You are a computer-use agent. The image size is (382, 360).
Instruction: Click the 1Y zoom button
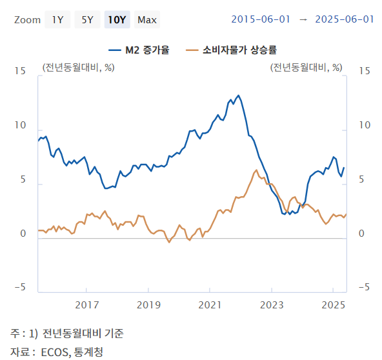point(57,19)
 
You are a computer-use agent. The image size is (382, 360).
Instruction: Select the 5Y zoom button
point(86,19)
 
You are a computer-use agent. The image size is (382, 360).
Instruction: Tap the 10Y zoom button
point(117,19)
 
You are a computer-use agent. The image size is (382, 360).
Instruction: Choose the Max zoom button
point(147,19)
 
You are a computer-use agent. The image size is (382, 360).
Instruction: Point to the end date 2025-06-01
point(345,19)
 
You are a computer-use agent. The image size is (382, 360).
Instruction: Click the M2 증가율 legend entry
point(139,50)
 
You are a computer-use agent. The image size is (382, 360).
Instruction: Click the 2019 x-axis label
point(148,305)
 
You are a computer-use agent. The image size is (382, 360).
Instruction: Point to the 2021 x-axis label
point(210,305)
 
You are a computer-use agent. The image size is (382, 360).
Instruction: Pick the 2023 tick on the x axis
point(272,305)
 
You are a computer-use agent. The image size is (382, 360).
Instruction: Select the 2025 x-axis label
point(333,305)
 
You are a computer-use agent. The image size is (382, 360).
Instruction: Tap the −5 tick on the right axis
point(363,287)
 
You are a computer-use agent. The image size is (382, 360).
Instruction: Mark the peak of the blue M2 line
point(239,95)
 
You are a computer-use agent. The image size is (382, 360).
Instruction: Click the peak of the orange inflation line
point(256,170)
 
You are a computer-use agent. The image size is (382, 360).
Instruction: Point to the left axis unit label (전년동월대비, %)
point(78,66)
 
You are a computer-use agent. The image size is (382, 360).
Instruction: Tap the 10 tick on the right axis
point(364,125)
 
